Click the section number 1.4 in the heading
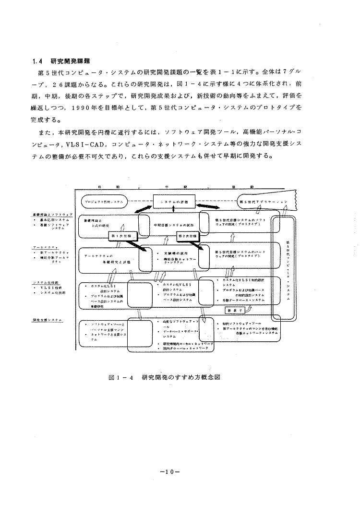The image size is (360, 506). [x=37, y=61]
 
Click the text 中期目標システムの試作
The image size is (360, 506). [x=173, y=225]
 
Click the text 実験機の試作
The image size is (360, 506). [x=173, y=253]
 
